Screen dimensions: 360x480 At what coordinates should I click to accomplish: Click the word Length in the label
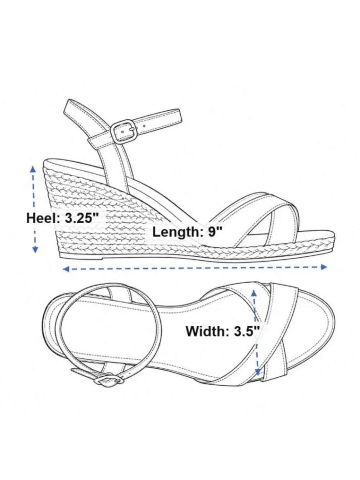(176, 232)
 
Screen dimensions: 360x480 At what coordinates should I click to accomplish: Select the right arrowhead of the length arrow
(324, 267)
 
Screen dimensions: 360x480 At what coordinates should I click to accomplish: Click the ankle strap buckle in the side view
(123, 131)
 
